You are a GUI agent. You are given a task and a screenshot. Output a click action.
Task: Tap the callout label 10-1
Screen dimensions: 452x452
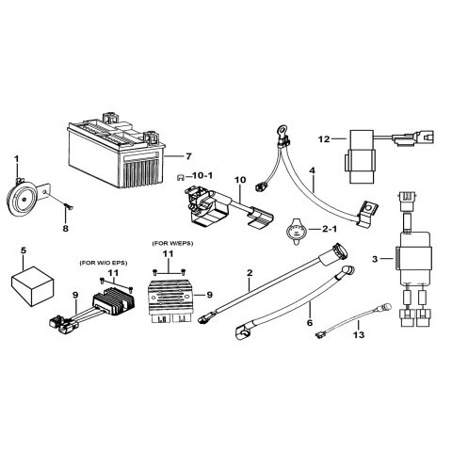coord(201,176)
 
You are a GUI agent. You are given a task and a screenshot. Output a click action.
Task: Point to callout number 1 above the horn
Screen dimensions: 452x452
coord(16,155)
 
